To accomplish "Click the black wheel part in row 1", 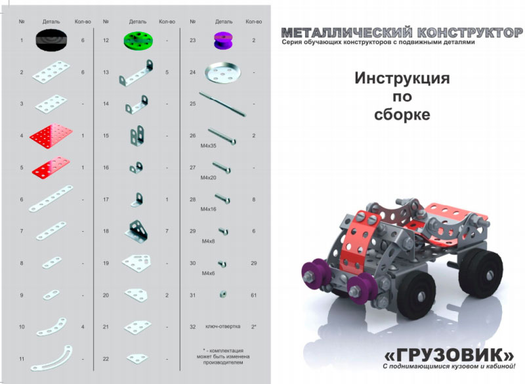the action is tap(51, 40).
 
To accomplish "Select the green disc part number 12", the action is tap(138, 41).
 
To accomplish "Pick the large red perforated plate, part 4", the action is tap(51, 136).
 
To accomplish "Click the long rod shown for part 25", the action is tap(222, 104).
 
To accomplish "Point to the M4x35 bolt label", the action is tap(208, 146).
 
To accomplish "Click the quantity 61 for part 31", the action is tap(253, 295).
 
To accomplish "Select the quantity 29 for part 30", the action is tap(253, 263).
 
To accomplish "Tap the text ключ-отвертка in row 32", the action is tap(222, 326).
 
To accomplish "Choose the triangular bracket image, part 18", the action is tap(136, 230).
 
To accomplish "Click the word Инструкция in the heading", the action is tap(402, 78).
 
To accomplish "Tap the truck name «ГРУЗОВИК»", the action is tap(450, 354).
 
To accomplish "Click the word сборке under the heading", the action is tap(402, 114).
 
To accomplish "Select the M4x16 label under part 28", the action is tap(208, 209).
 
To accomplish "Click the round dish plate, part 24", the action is tap(222, 72).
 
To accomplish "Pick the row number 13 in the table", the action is tap(106, 72).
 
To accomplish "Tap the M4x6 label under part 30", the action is tap(208, 273).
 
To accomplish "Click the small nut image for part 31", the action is tap(223, 294).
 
